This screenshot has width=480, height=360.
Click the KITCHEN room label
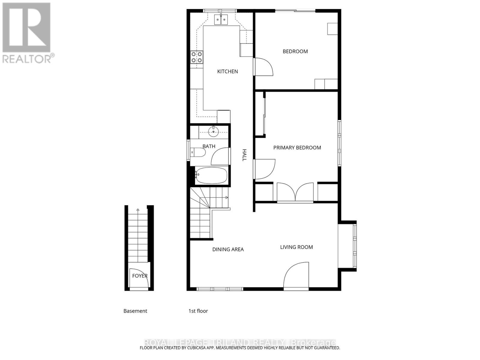tap(227, 71)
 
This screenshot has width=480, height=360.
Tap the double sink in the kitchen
tap(221, 19)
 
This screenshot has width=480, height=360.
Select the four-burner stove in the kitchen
tap(197, 57)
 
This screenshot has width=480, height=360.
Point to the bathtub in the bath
tap(211, 175)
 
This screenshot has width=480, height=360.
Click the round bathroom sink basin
tap(214, 131)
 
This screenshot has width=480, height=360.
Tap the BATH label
tap(209, 146)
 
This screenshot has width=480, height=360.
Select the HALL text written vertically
tap(244, 155)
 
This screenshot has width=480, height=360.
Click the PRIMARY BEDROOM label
tap(297, 148)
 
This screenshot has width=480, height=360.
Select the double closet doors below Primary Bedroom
tap(295, 192)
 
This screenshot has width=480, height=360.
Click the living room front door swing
tap(296, 275)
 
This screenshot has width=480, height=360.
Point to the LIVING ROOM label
tap(296, 247)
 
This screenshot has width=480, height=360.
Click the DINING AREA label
tap(228, 249)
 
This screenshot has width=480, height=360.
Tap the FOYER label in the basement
tap(140, 276)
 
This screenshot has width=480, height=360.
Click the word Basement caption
tap(135, 311)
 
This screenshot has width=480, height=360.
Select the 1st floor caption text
tap(198, 311)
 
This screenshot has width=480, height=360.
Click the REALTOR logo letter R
tap(26, 28)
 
